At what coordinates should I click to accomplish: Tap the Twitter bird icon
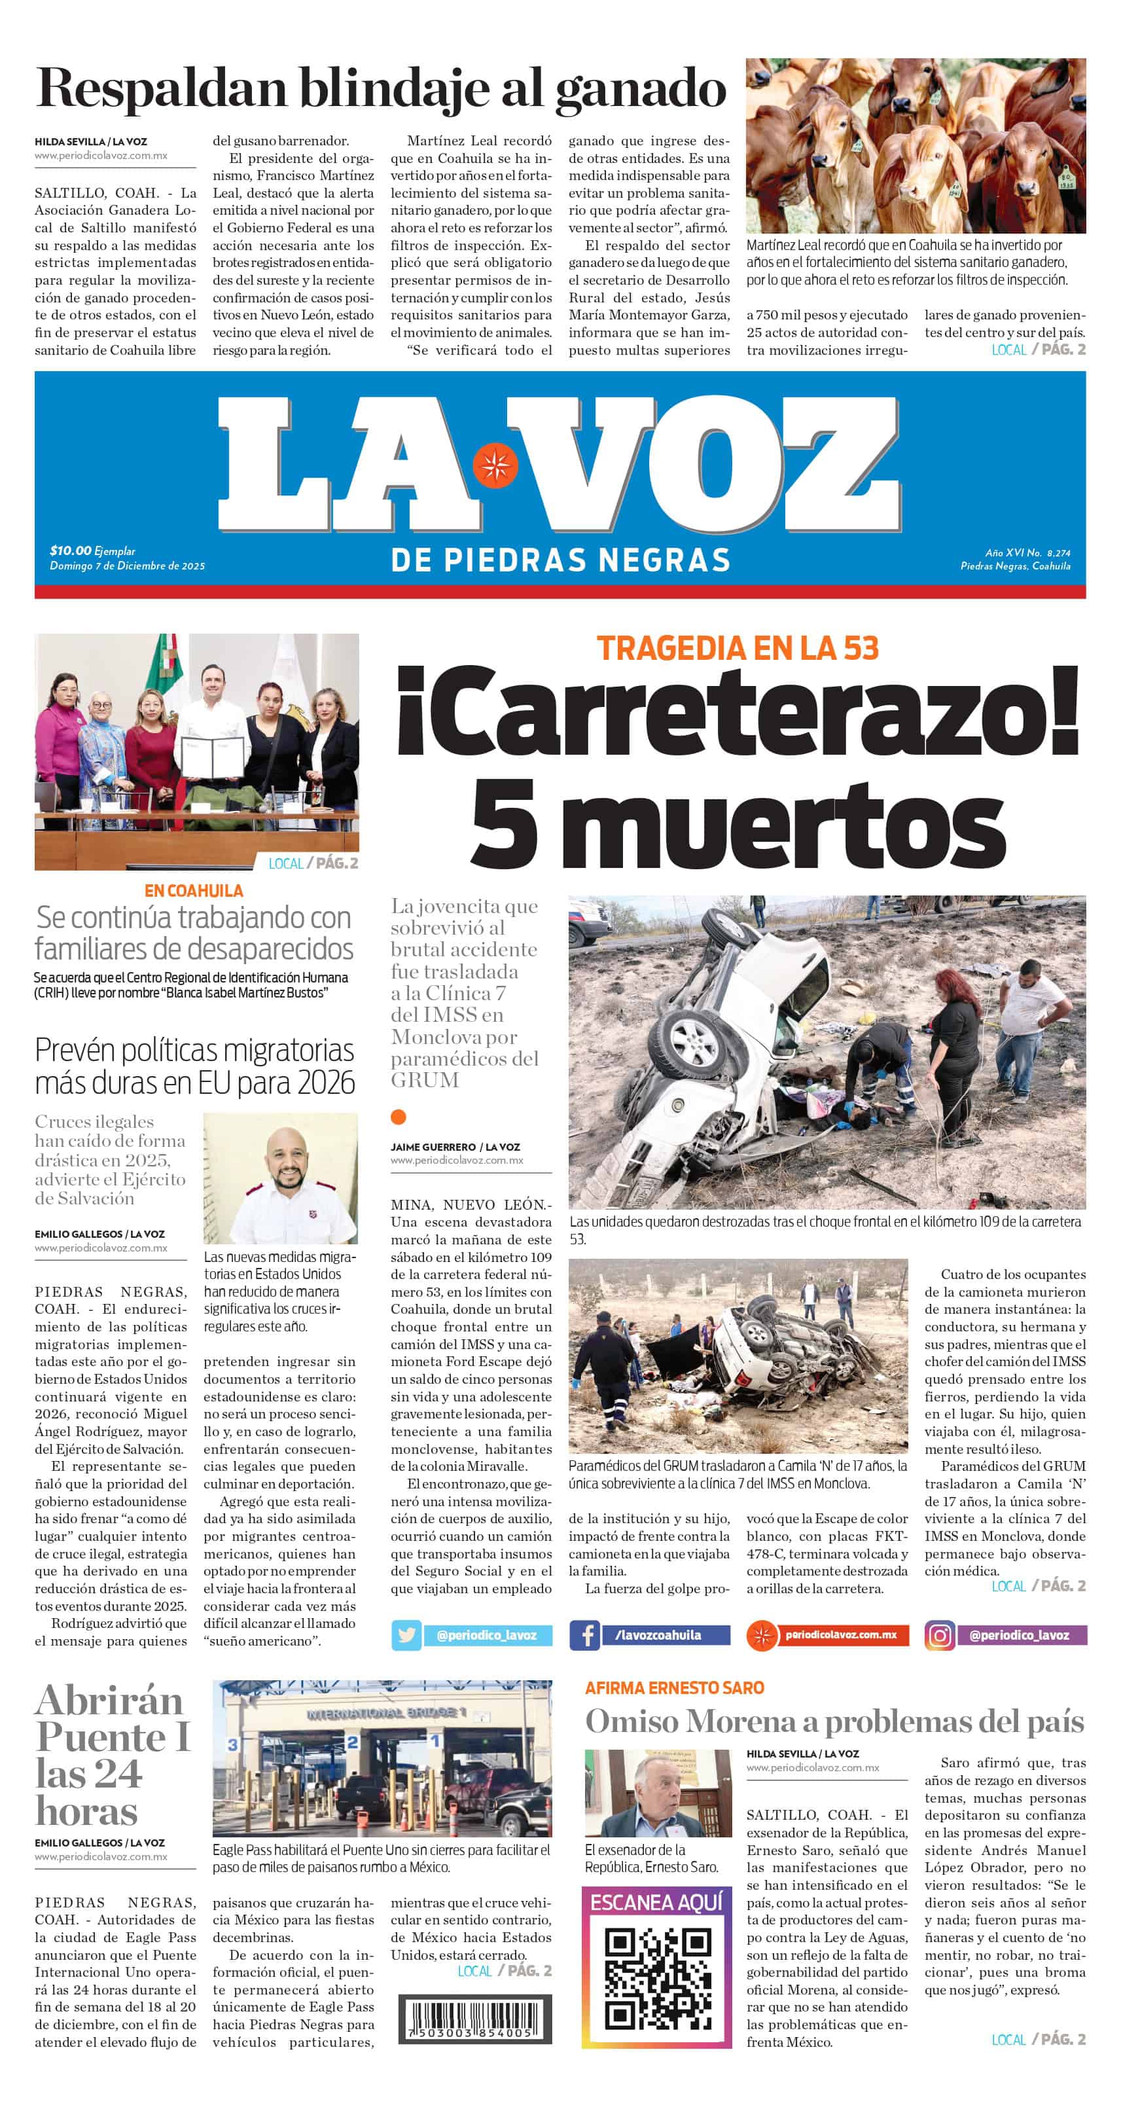406,1635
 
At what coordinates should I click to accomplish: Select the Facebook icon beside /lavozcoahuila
584,1635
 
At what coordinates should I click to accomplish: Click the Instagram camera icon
939,1635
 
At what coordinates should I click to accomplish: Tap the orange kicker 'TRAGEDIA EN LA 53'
738,648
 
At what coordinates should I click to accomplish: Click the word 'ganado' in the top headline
641,89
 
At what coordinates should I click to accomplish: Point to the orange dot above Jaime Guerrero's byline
399,1116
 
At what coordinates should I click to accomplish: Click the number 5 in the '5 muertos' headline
504,823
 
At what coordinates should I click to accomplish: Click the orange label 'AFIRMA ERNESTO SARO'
675,1687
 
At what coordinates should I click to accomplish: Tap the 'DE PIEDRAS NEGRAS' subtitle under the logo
560,560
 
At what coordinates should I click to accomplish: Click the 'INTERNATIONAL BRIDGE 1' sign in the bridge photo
386,1714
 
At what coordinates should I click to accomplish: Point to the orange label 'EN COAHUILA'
194,891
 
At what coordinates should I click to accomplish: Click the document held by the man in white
212,758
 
